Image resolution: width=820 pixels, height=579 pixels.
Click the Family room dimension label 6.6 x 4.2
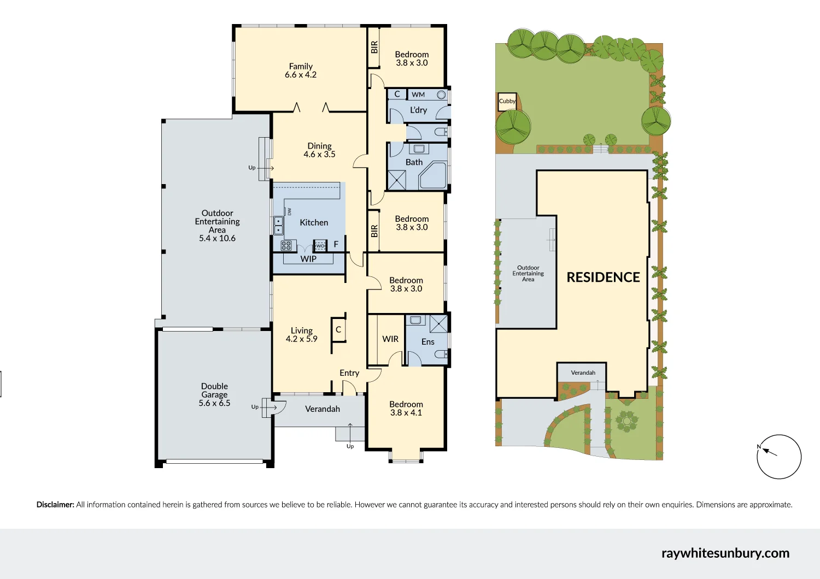[x=300, y=75]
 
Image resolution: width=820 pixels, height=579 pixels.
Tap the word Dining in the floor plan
[x=319, y=146]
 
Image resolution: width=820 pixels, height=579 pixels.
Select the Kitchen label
[x=314, y=222]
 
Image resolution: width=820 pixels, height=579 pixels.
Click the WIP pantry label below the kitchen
[x=308, y=259]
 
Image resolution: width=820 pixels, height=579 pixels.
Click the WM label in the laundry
[x=418, y=94]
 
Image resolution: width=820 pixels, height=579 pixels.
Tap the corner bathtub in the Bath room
[x=433, y=175]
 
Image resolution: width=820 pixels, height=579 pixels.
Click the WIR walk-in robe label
[x=390, y=339]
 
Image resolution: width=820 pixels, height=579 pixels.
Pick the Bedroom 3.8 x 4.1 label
[x=406, y=408]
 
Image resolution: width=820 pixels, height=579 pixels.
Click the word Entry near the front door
[x=349, y=373]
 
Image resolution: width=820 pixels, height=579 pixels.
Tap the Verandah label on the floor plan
[x=323, y=409]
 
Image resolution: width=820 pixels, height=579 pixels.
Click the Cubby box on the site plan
[x=507, y=102]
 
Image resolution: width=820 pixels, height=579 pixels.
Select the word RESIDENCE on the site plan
[x=603, y=277]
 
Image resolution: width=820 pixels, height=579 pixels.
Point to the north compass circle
[x=779, y=457]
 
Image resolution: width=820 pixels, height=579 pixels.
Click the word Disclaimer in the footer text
[x=55, y=505]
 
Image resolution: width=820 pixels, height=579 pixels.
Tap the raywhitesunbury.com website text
[x=725, y=553]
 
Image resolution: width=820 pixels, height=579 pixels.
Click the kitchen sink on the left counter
[x=278, y=225]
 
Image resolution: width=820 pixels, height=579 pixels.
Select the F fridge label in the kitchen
[x=336, y=244]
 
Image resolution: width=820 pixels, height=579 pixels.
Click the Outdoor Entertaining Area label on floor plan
[x=217, y=225]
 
